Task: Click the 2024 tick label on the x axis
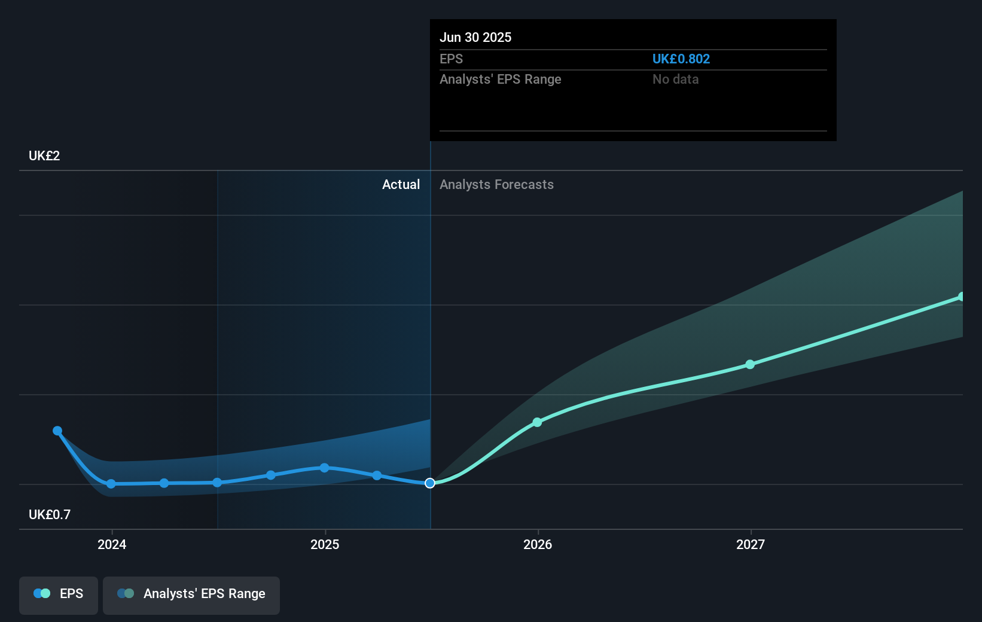[x=112, y=544]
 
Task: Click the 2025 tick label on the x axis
[x=325, y=544]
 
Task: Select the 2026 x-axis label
[x=538, y=544]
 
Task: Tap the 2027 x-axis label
[x=751, y=544]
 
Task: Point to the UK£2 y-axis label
[x=44, y=156]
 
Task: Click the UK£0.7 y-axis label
[x=50, y=515]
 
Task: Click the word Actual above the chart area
[x=401, y=185]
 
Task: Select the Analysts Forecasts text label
[x=496, y=185]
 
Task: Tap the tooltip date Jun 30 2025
[x=475, y=38]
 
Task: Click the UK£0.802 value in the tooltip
[x=681, y=59]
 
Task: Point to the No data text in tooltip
[x=675, y=80]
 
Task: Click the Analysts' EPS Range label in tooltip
[x=500, y=80]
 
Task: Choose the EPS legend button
[x=59, y=594]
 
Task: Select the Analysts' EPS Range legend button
[x=191, y=594]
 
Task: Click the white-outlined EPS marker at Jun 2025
[x=430, y=483]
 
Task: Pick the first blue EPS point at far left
[x=57, y=431]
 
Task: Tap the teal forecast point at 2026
[x=537, y=422]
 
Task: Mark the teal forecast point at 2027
[x=750, y=364]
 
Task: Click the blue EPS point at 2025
[x=324, y=468]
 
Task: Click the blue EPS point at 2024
[x=111, y=484]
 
